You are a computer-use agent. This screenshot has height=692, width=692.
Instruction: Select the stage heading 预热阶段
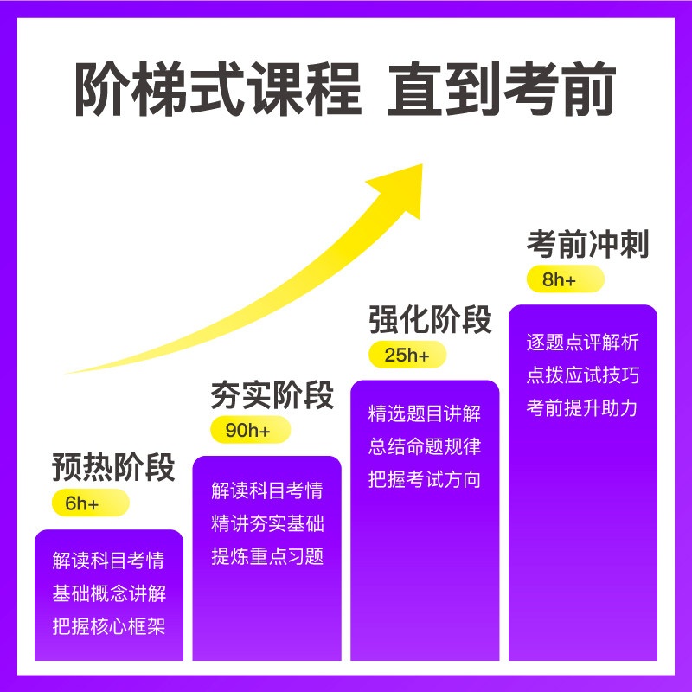tap(113, 467)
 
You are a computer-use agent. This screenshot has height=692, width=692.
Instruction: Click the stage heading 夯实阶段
tap(272, 395)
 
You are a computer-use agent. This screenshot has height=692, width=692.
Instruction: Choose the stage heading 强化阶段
tap(430, 319)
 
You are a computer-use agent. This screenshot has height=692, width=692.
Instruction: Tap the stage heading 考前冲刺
tap(587, 245)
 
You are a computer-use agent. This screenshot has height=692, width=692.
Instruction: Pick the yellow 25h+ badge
tap(407, 355)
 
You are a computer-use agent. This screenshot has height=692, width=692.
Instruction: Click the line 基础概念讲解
tap(108, 593)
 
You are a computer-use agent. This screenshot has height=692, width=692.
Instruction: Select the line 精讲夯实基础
tap(267, 523)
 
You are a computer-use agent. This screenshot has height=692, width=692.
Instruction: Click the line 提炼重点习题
tap(267, 556)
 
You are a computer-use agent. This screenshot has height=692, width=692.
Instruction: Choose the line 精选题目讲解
tap(424, 413)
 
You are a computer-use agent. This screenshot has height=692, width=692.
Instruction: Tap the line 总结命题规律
tap(424, 446)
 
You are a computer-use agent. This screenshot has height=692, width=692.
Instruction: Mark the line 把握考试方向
tap(424, 479)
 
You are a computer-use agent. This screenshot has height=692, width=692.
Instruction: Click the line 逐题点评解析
tap(582, 342)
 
